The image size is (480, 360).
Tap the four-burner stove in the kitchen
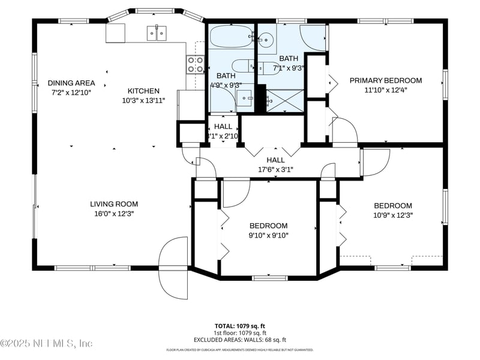pos(195,64)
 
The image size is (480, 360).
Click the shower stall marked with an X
pos(285,100)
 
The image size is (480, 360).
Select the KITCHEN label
pos(143,91)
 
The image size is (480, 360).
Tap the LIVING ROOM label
pos(114,204)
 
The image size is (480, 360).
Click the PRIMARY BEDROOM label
pos(386,80)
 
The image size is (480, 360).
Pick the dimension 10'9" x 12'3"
pos(393,215)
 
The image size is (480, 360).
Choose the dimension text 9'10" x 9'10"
pos(268,235)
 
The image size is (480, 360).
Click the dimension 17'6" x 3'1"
pos(275,170)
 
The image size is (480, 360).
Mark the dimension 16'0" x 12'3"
pos(114,214)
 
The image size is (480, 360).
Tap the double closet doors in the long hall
pos(275,149)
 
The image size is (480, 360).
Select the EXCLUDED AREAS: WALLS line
pos(239,340)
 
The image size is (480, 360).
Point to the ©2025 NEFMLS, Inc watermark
pos(47,343)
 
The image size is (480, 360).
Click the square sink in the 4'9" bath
pos(244,98)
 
